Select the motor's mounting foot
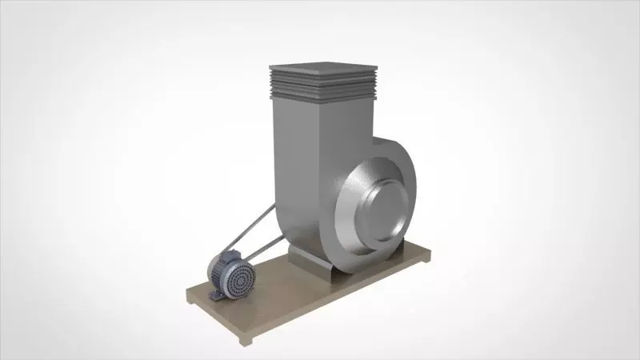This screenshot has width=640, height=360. point(216,295)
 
